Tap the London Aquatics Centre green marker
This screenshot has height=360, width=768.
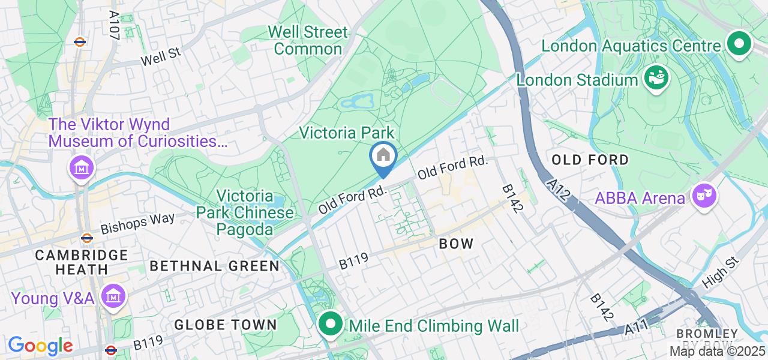[739, 44]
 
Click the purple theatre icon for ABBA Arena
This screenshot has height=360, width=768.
[704, 196]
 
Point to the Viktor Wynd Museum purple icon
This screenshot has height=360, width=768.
[81, 167]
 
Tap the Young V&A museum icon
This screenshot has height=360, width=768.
[112, 296]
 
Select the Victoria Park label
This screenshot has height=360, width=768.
[347, 132]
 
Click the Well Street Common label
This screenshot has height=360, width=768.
[307, 40]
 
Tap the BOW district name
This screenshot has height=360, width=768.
[456, 244]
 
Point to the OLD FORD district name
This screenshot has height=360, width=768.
[590, 160]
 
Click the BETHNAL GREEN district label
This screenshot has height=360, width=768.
[214, 266]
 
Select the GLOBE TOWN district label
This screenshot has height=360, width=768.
[225, 325]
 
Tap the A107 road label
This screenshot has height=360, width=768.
[114, 25]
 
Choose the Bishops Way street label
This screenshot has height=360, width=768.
[138, 224]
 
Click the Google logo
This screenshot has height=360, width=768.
[40, 346]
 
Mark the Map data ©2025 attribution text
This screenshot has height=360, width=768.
[717, 351]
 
